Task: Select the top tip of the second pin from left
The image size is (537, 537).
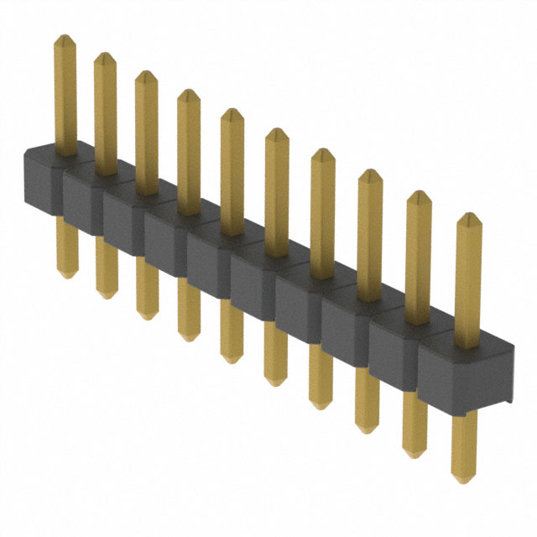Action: pyautogui.click(x=105, y=56)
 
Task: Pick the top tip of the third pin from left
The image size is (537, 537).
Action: pyautogui.click(x=146, y=75)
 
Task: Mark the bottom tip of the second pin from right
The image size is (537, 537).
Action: pyautogui.click(x=413, y=454)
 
